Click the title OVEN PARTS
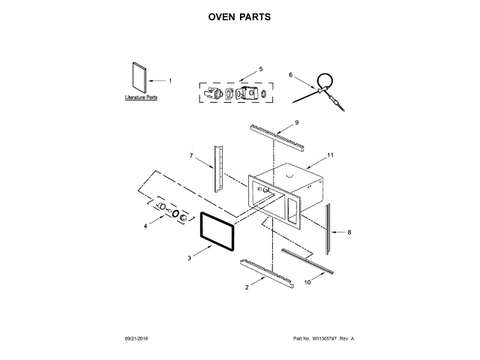click(x=240, y=16)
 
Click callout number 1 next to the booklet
click(x=169, y=80)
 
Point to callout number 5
click(x=260, y=69)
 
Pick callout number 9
click(x=296, y=121)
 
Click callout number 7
click(x=191, y=156)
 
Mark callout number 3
click(x=190, y=257)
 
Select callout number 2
click(x=247, y=286)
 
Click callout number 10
click(x=306, y=282)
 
